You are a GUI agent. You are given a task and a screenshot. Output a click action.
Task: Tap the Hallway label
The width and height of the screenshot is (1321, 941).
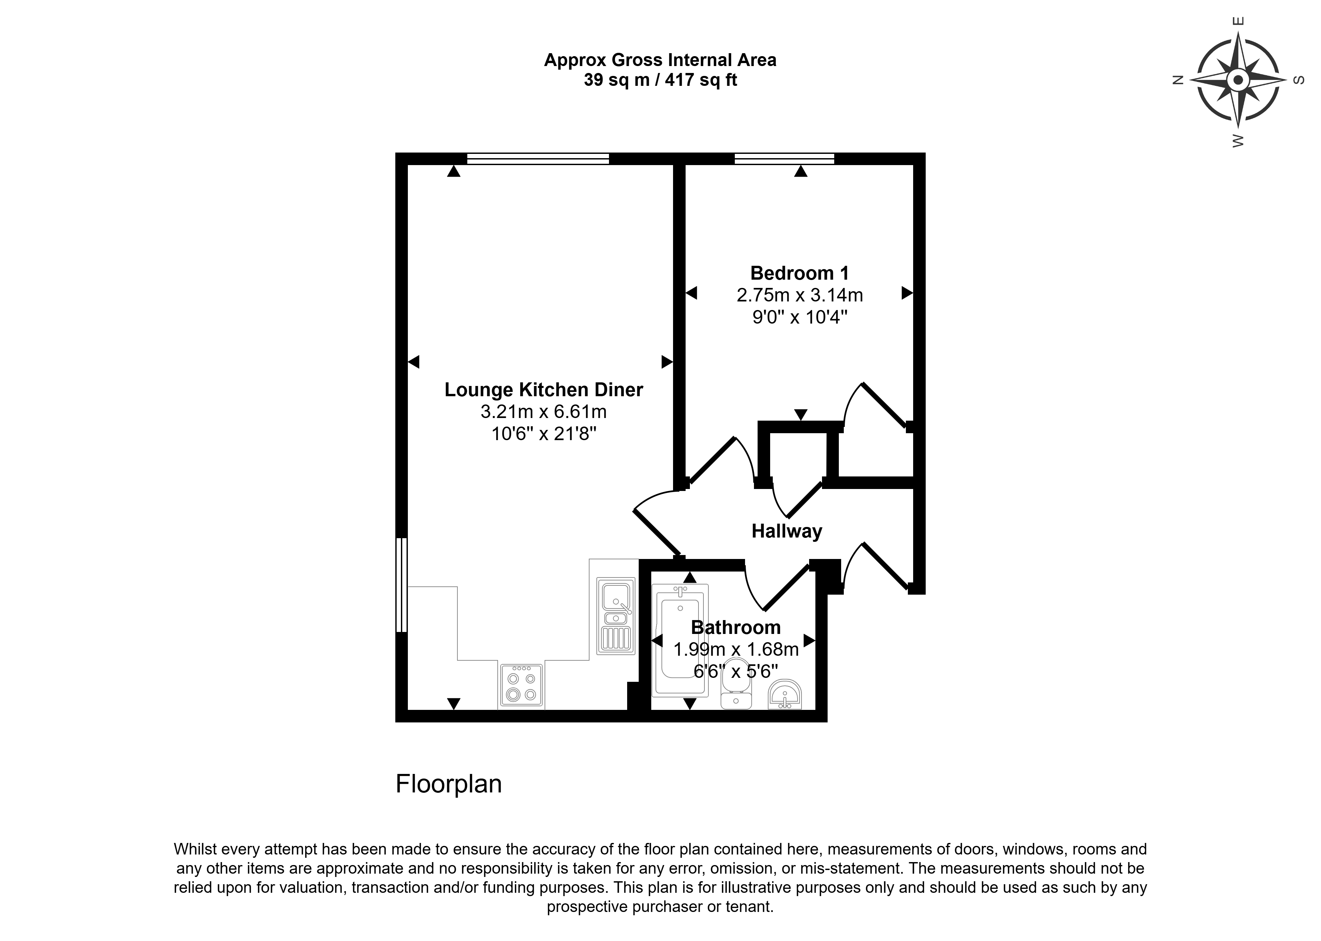(787, 531)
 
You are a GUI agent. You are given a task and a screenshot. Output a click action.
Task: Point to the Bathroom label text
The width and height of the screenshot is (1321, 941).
(736, 628)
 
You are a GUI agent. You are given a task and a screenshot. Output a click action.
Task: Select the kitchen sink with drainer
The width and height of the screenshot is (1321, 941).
(616, 616)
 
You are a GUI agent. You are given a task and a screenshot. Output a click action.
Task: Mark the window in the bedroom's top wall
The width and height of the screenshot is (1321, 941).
(784, 159)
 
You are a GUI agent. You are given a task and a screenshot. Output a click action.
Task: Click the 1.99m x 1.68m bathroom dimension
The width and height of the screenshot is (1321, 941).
(736, 649)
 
